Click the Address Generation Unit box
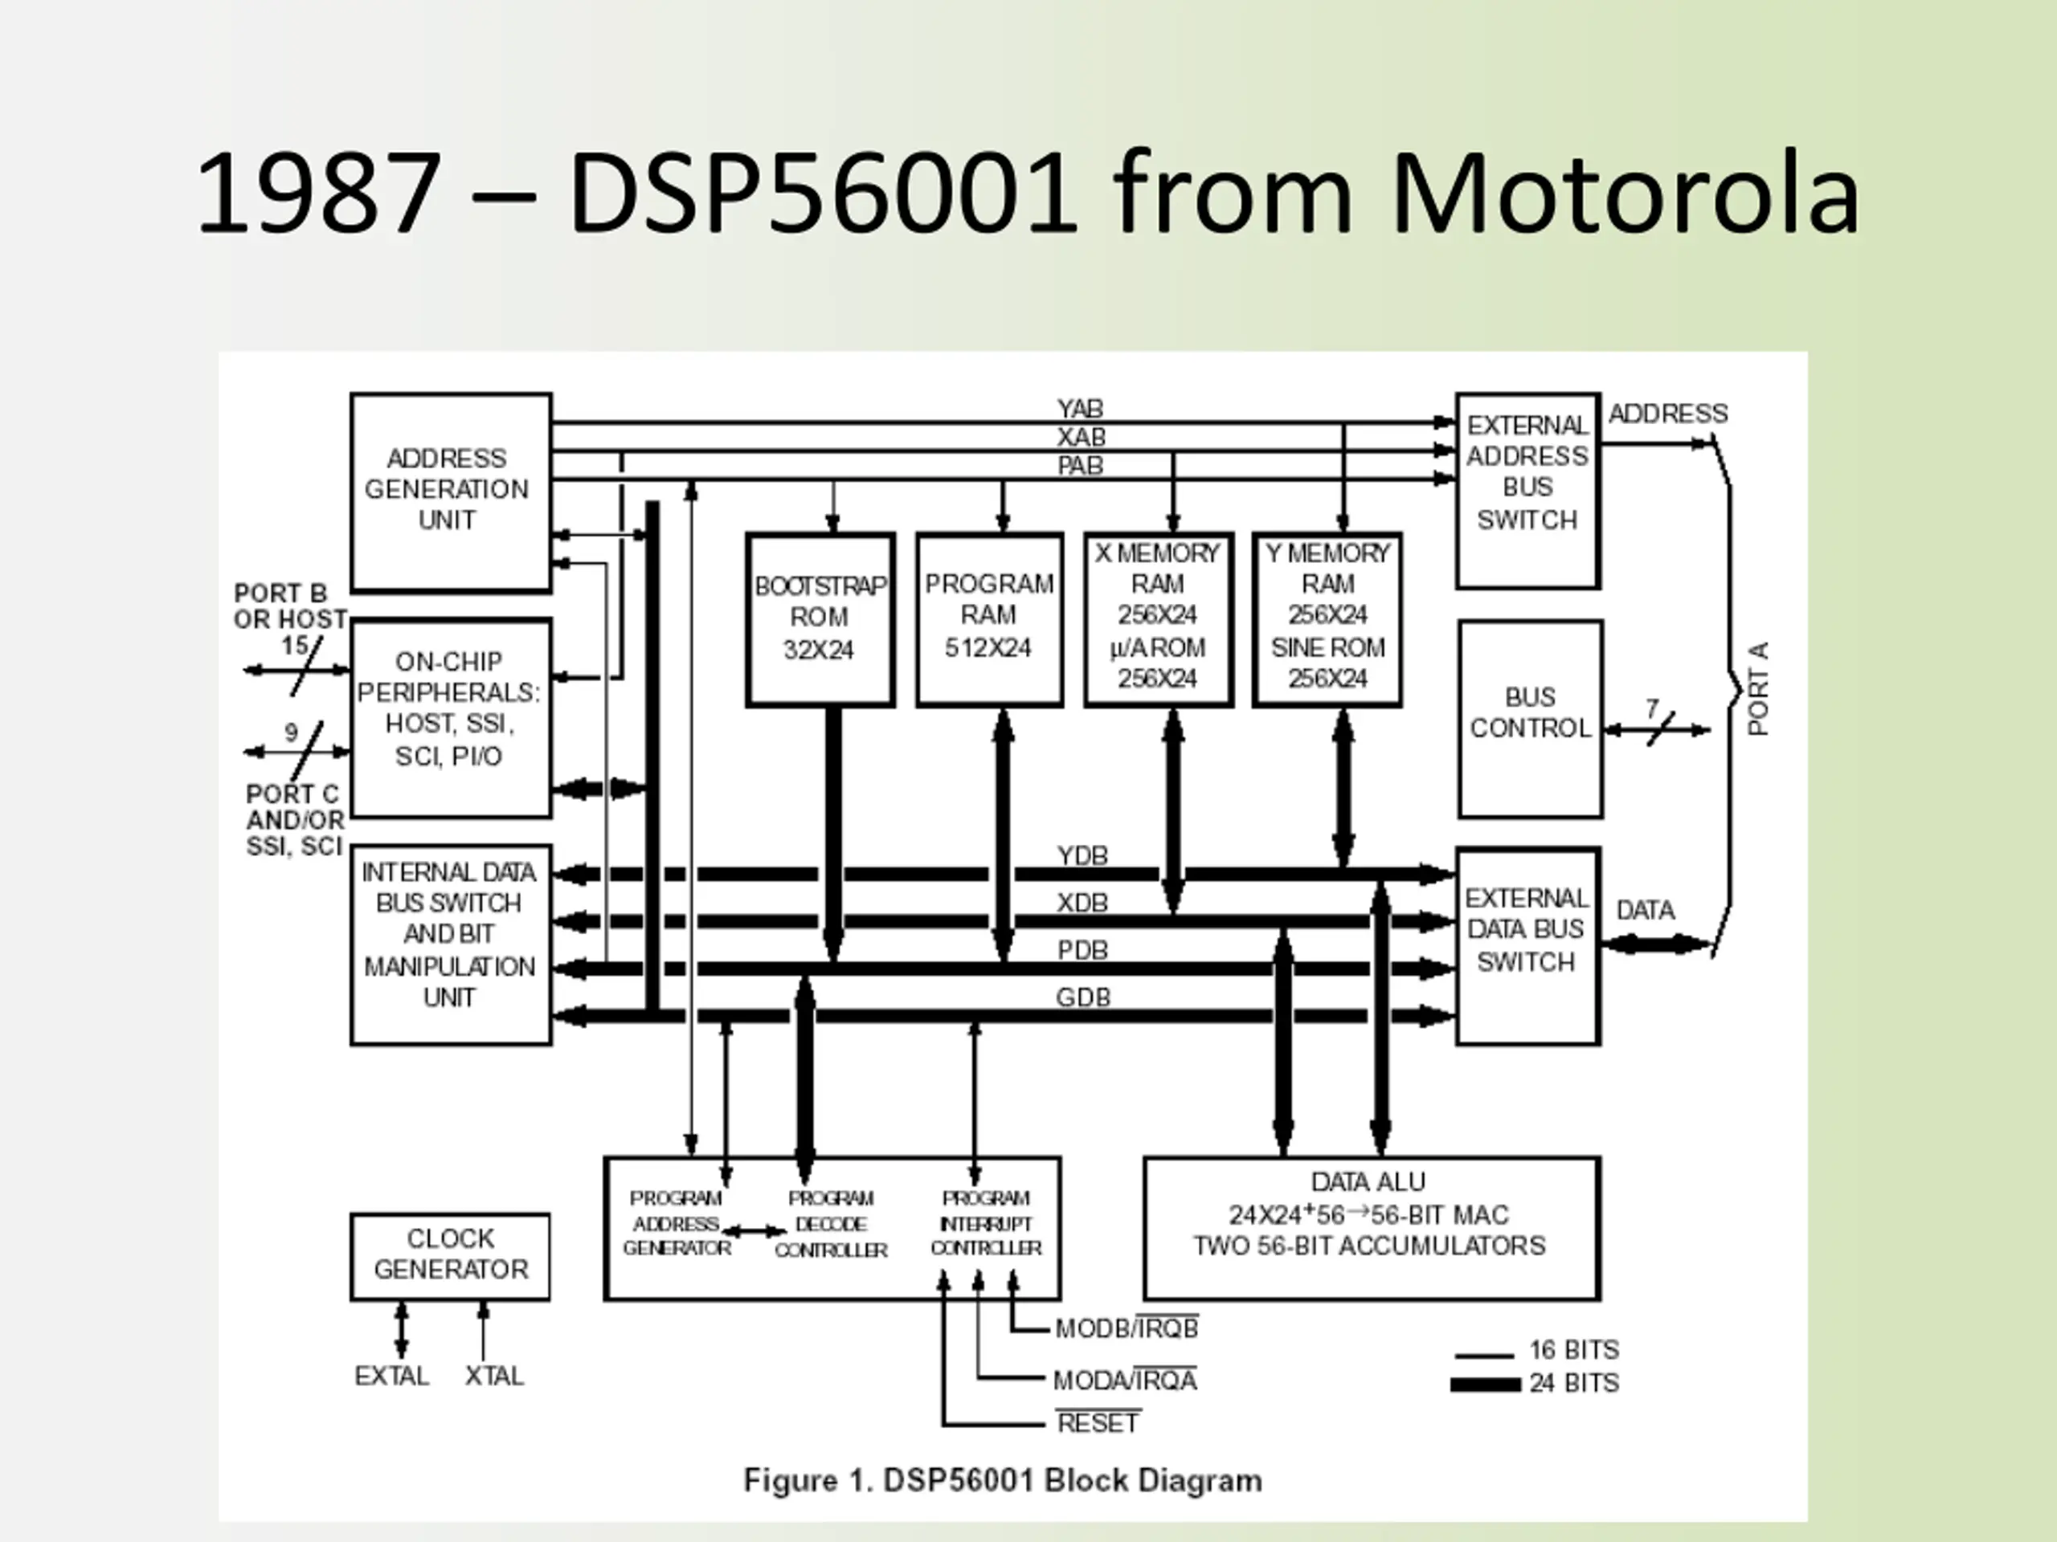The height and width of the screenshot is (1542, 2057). click(450, 491)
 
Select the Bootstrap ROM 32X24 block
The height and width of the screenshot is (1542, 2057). click(820, 619)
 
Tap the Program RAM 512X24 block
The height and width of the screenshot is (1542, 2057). click(988, 619)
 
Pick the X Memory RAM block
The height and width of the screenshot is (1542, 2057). click(1158, 619)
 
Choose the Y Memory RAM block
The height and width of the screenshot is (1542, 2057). click(1327, 619)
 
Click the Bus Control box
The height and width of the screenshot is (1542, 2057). click(1530, 719)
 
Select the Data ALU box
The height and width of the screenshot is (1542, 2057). click(1371, 1227)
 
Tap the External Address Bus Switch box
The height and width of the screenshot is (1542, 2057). click(1527, 490)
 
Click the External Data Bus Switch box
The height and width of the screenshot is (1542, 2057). click(1527, 944)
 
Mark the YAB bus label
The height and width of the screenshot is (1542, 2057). click(1080, 409)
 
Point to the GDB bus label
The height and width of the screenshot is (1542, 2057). click(1082, 997)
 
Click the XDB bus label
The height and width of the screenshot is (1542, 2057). click(1082, 903)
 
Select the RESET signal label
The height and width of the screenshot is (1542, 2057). click(1098, 1423)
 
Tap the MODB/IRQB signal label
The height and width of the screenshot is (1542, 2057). click(1127, 1328)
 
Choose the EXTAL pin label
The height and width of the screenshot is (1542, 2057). click(391, 1376)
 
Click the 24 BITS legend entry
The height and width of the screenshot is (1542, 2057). click(1573, 1383)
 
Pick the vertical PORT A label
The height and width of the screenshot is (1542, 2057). click(1757, 689)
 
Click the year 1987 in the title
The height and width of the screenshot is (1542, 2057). click(318, 194)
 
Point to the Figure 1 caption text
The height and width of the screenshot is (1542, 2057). click(1003, 1479)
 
